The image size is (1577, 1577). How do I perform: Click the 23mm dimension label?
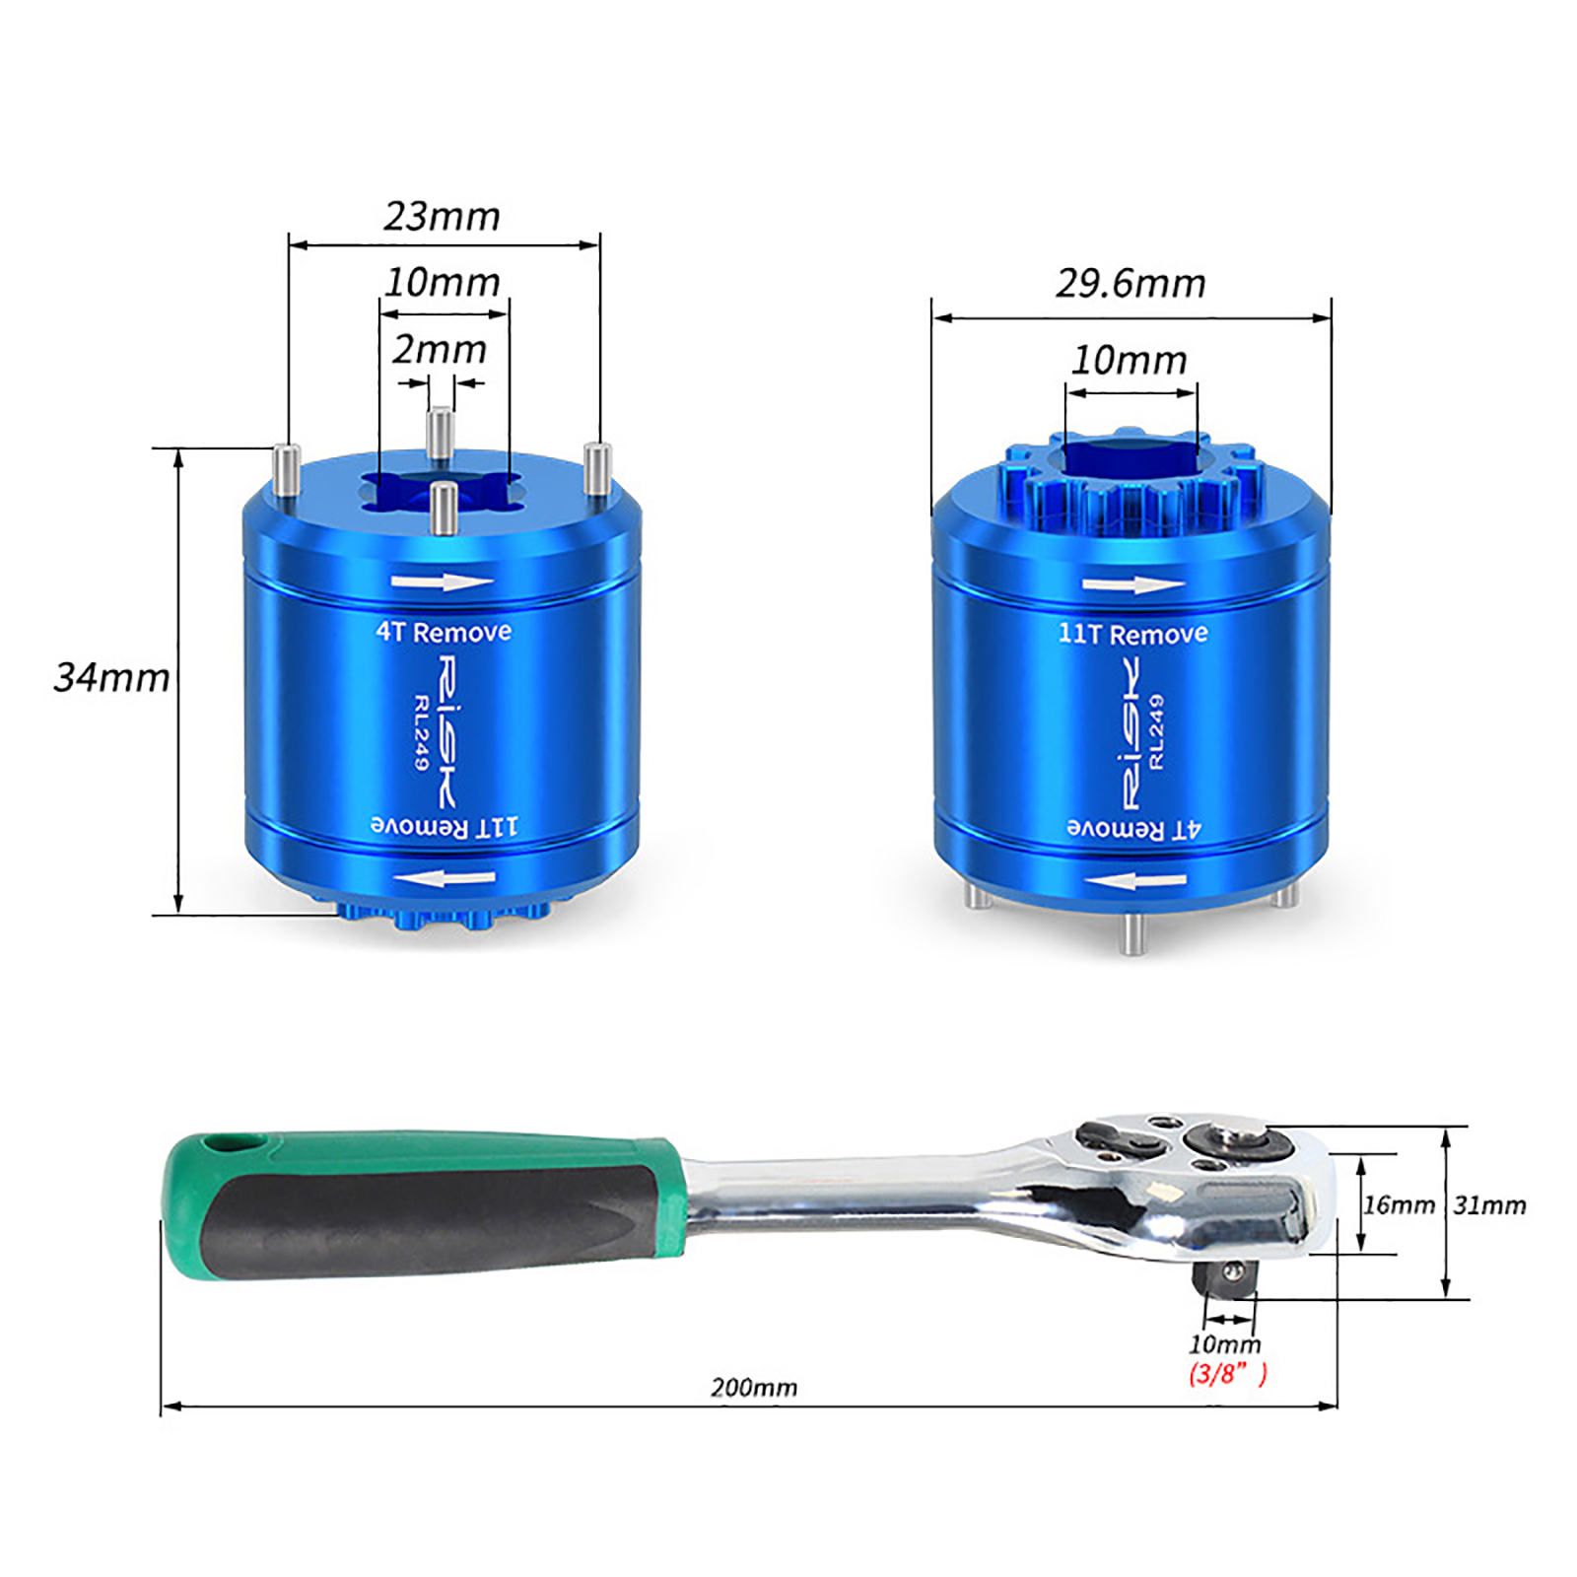[x=442, y=216]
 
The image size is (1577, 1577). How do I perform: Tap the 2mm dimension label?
[x=440, y=349]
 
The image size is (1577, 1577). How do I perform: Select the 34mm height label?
[x=111, y=677]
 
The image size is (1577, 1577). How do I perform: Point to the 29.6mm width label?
[x=1131, y=284]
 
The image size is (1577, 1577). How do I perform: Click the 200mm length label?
[x=754, y=1387]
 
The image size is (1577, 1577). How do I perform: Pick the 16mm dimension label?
[x=1399, y=1204]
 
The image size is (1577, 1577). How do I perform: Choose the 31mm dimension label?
[x=1489, y=1204]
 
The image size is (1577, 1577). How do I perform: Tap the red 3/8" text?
[x=1227, y=1373]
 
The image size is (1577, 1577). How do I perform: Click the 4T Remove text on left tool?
[x=444, y=632]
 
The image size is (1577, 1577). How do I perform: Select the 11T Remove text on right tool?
[x=1132, y=633]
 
